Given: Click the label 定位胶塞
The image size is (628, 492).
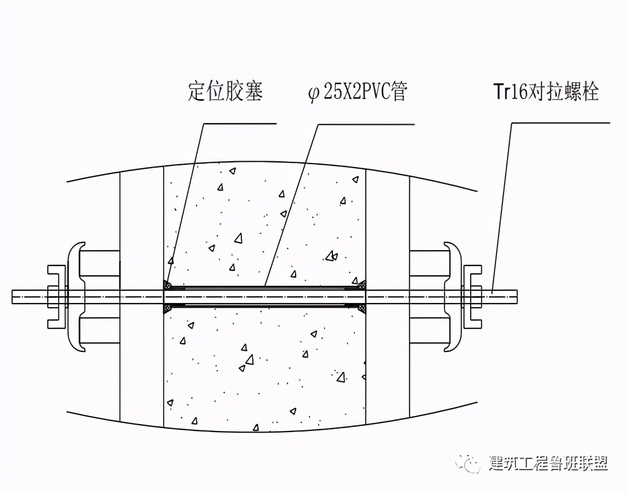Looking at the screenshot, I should point(225,92).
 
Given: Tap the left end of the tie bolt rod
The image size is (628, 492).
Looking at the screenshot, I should point(16,296).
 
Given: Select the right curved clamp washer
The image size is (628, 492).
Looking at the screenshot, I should point(455,296).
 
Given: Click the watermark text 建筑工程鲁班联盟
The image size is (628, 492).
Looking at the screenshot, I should point(548,463).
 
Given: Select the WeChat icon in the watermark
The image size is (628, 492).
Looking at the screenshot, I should point(468,462).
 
